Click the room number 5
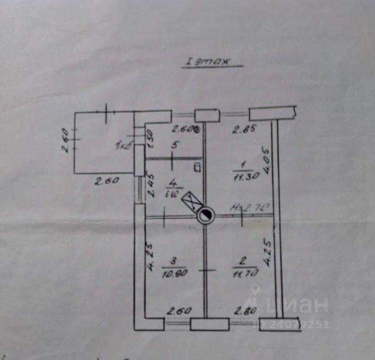pos(174,143)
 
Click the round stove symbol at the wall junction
pos(204,217)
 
